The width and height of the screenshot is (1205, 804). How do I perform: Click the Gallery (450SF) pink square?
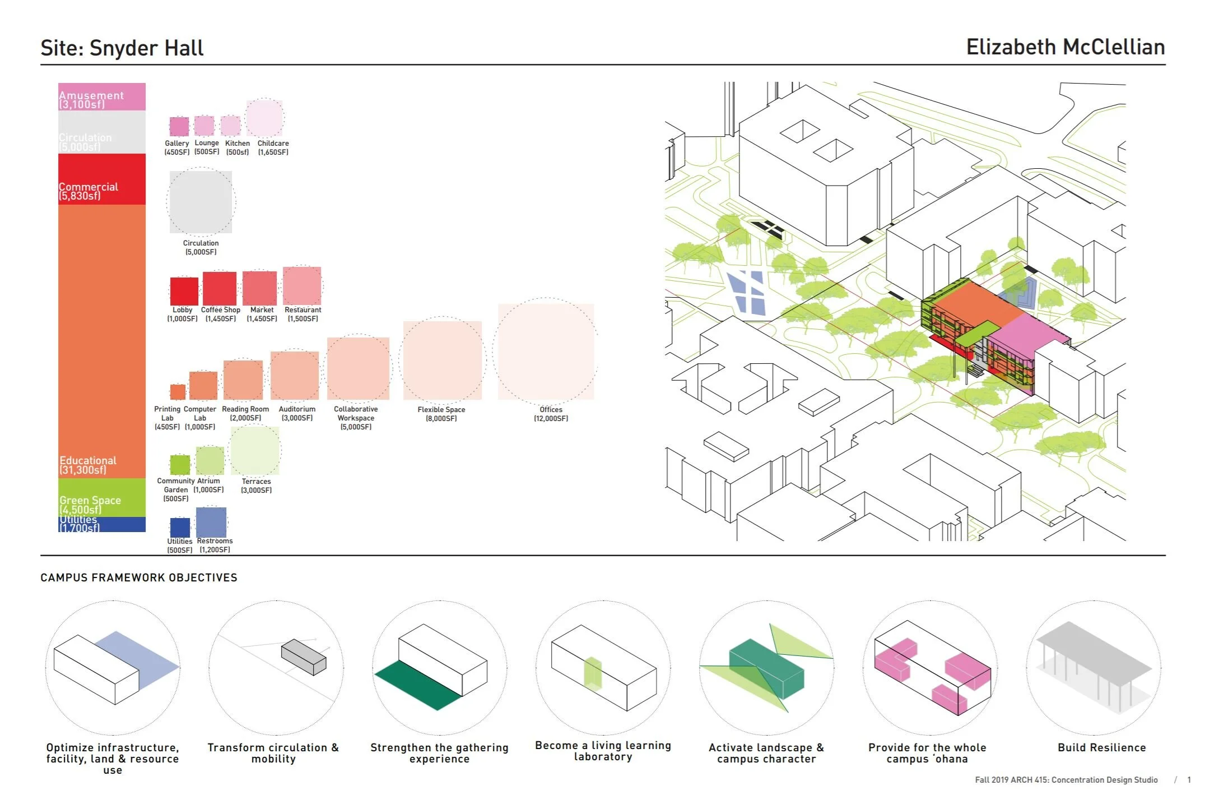coord(179,126)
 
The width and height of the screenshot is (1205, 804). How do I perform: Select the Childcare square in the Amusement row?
coord(264,118)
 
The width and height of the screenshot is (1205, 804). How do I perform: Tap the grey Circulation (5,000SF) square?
coord(201,202)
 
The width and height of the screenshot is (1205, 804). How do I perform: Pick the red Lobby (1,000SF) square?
coord(184,291)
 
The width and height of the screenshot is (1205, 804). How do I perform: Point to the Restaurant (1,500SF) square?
coord(302,285)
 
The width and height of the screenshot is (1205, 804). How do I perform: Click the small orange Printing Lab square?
coord(178,391)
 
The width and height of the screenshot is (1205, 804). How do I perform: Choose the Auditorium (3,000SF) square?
coord(295,375)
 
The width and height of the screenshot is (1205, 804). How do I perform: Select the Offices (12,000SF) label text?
coord(551,414)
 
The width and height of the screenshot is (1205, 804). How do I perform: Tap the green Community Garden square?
coord(180,464)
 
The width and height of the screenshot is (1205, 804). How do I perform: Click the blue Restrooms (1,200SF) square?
coord(211,522)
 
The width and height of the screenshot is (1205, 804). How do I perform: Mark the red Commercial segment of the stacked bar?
coord(102,179)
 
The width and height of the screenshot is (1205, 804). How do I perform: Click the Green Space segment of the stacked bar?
coord(102,497)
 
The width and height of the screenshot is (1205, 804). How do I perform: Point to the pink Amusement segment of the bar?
coord(102,96)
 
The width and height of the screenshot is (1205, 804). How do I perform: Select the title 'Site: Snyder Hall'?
coord(122,48)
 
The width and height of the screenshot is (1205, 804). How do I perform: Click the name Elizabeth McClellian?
coord(1066,47)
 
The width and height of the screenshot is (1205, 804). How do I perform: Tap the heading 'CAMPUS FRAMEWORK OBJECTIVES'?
coord(139,577)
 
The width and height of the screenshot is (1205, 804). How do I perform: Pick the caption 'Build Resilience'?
coord(1101,747)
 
